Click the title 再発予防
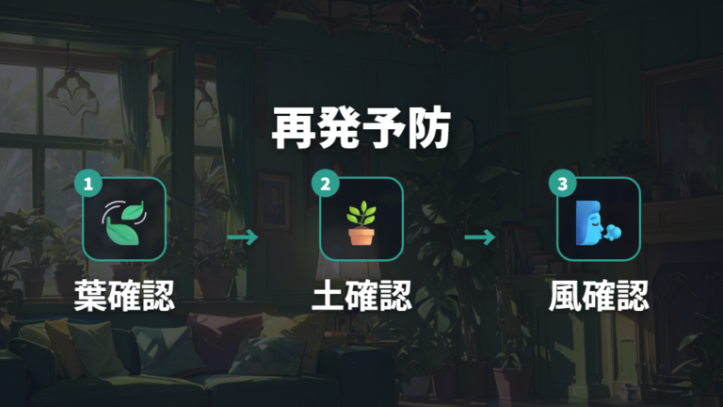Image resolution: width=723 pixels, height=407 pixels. [x=361, y=128]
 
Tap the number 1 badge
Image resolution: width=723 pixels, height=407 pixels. [x=88, y=183]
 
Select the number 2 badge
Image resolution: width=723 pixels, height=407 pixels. [x=325, y=183]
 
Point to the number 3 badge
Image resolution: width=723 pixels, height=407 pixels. [x=563, y=183]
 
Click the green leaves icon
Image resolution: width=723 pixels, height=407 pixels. [x=124, y=222]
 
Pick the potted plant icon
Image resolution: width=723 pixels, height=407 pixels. [x=361, y=222]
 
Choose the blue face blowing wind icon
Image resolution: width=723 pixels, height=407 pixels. [x=598, y=223]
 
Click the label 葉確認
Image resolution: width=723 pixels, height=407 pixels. [x=124, y=295]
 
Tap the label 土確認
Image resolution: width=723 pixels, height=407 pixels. [x=361, y=295]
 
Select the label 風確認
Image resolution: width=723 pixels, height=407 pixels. [x=599, y=295]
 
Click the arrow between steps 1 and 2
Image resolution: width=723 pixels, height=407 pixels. [x=243, y=237]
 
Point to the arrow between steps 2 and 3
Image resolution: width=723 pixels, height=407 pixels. [x=480, y=237]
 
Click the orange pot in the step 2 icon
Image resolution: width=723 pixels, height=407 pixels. [x=361, y=236]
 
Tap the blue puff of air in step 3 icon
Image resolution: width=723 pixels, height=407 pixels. [x=613, y=232]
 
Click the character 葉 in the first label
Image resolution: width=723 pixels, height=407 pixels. [x=90, y=295]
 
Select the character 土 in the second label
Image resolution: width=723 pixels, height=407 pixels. [x=328, y=296]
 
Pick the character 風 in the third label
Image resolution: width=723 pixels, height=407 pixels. [x=565, y=296]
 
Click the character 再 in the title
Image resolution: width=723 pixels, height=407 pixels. [x=294, y=128]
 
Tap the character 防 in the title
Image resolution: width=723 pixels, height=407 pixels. [x=429, y=128]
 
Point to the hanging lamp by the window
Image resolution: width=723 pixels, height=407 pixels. [x=72, y=88]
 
